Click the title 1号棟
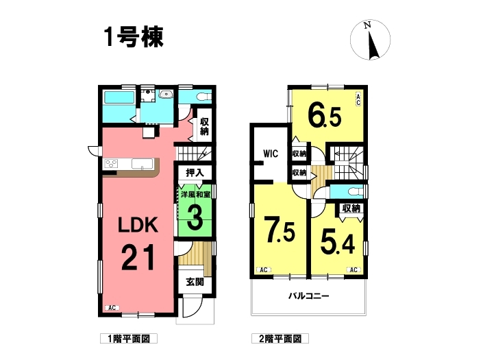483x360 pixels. click(134, 37)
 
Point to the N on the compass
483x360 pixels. click(367, 25)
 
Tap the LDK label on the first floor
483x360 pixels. click(138, 225)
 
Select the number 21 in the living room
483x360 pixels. click(138, 257)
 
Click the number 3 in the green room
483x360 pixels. click(195, 217)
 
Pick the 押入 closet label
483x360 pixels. click(195, 173)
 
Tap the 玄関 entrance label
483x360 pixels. click(195, 282)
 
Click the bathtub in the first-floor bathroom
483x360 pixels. click(119, 97)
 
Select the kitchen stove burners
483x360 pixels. click(111, 163)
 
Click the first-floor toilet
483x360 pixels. click(204, 97)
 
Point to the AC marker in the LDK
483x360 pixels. click(112, 308)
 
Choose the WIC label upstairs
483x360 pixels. click(271, 154)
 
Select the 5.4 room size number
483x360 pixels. click(338, 243)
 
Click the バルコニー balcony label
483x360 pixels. click(309, 296)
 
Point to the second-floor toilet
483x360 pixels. click(356, 192)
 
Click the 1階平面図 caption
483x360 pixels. click(129, 339)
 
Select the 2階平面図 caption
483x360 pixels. click(280, 339)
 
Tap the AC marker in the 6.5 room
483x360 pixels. click(358, 99)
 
